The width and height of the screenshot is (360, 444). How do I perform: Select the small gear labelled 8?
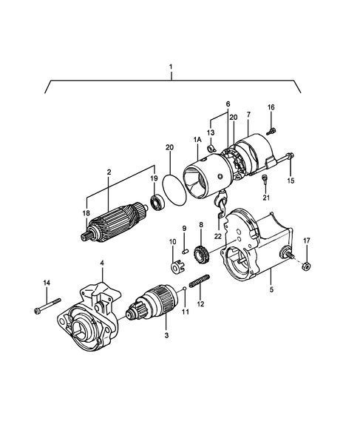pyautogui.click(x=199, y=255)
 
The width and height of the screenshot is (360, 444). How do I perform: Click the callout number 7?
pyautogui.click(x=248, y=115)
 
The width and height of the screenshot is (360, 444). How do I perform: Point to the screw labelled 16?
pyautogui.click(x=271, y=130)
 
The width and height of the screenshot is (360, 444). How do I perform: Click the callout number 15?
pyautogui.click(x=290, y=180)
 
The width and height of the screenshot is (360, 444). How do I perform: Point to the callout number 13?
pyautogui.click(x=210, y=132)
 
